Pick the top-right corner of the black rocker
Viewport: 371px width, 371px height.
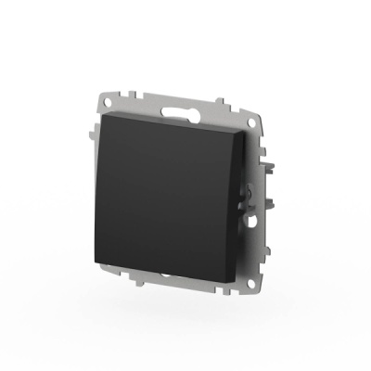[239, 135]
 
